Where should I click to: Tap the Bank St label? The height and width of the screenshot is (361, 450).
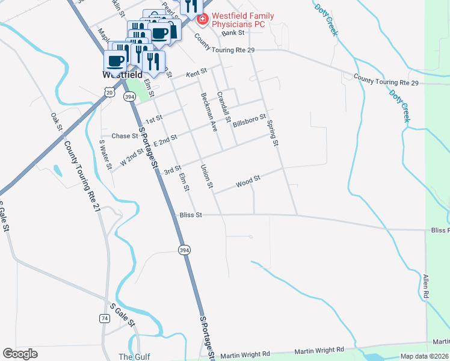232,34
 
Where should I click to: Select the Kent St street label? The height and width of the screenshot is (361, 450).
196,72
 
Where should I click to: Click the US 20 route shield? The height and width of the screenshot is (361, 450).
108,91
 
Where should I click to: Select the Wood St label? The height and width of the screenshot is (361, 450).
248,181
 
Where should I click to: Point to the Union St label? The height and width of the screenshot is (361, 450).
206,176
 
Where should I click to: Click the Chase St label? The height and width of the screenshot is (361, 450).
125,136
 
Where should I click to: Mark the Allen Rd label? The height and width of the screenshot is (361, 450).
426,286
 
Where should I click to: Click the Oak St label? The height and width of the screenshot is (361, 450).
57,122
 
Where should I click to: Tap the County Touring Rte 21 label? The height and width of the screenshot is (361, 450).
81,176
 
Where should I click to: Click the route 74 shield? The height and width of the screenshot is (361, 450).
105,318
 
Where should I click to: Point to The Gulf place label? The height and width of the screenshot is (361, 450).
134,356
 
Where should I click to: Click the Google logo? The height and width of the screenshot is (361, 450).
20,354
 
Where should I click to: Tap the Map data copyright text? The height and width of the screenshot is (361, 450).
424,356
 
